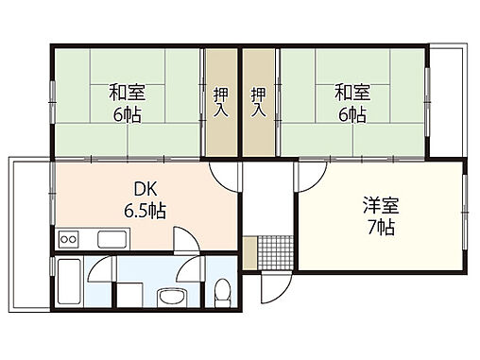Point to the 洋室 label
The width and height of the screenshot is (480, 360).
click(x=376, y=205)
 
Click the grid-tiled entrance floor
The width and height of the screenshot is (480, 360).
click(x=272, y=250)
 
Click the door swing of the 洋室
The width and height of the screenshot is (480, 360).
click(x=311, y=176)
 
